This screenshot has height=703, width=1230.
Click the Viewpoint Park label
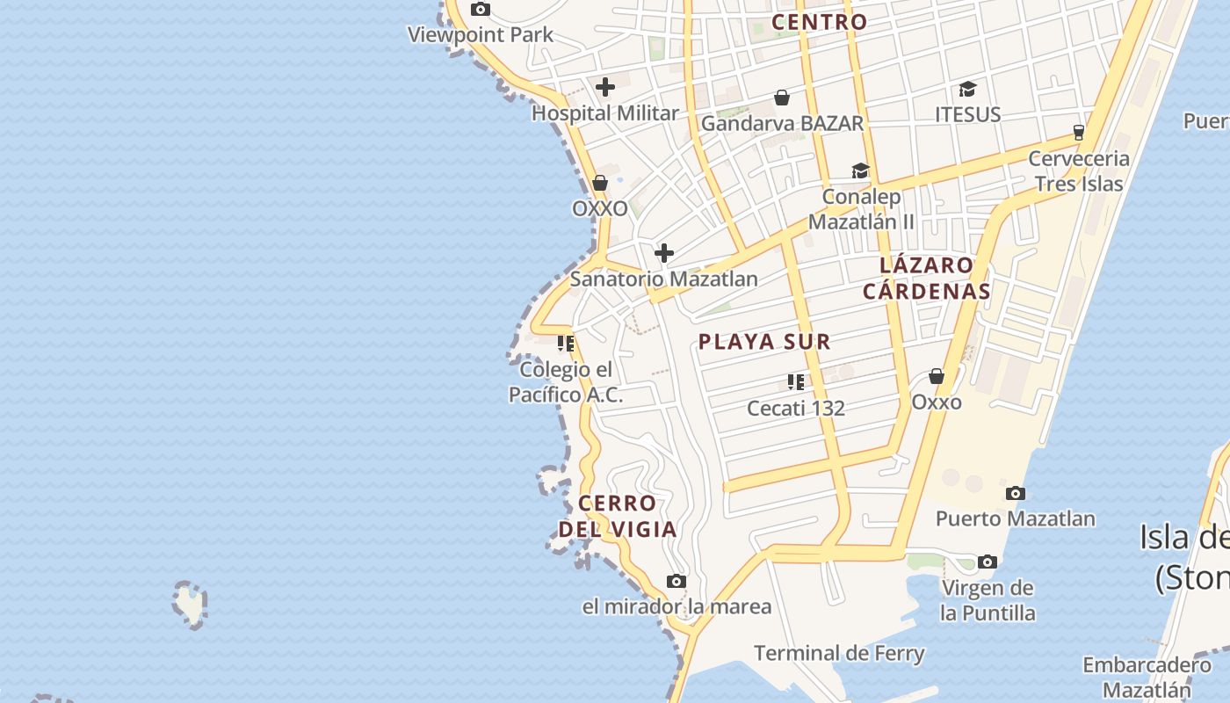tap(481, 35)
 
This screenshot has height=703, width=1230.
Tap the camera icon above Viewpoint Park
tap(480, 10)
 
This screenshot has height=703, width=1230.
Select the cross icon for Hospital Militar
tap(605, 87)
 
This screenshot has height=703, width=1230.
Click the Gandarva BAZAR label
tap(782, 123)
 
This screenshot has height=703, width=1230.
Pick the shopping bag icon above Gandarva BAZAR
tap(782, 98)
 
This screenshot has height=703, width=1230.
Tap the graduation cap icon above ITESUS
tap(967, 89)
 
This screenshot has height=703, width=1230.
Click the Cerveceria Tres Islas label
tap(1079, 170)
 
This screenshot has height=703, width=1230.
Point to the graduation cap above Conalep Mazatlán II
tap(860, 170)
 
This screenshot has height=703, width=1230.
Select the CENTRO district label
tap(819, 22)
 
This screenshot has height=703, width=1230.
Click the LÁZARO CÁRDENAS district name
tap(927, 278)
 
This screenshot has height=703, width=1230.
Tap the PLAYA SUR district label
tap(764, 342)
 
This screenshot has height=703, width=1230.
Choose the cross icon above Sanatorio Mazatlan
tap(664, 254)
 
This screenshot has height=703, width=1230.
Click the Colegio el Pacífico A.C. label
tap(566, 382)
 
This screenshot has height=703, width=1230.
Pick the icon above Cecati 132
tap(796, 382)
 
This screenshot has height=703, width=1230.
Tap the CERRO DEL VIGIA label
tap(618, 516)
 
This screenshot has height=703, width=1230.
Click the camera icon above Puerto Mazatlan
tap(1016, 493)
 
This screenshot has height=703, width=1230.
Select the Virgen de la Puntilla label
tap(988, 600)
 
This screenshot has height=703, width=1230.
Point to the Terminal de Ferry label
tap(839, 653)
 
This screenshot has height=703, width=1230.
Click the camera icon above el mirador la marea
tap(676, 581)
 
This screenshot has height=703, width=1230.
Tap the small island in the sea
tap(189, 605)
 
